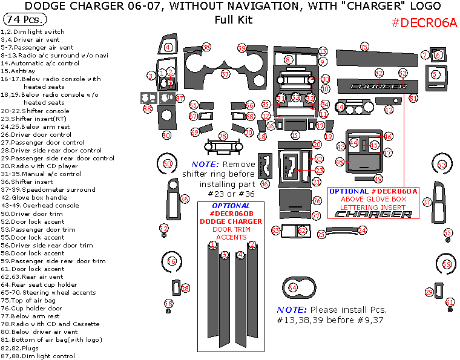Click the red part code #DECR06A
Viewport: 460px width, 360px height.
pos(424,23)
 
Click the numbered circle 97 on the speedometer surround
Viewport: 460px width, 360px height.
pos(225,74)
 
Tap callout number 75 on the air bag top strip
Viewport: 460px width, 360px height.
pos(364,47)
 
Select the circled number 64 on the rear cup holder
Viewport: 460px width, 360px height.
pos(293,288)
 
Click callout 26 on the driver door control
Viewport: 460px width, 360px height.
pos(185,198)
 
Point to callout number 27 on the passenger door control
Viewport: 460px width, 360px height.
pos(427,201)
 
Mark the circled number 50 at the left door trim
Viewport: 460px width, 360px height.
pos(168,163)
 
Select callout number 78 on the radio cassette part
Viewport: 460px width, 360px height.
pos(222,136)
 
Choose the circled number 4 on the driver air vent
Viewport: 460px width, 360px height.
pos(168,47)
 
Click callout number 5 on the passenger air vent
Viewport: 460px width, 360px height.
pos(435,74)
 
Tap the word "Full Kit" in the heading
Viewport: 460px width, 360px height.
pos(233,19)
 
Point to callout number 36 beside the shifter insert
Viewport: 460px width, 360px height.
pos(264,183)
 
